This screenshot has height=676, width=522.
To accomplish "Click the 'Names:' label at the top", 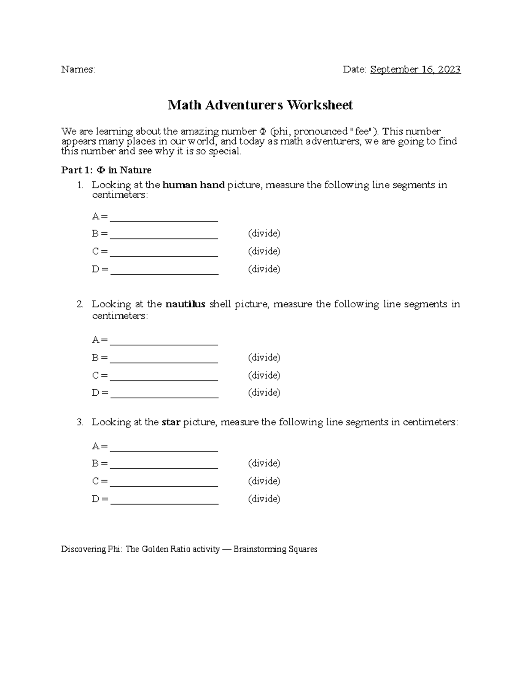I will [x=78, y=70].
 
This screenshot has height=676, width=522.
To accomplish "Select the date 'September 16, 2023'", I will [x=415, y=70].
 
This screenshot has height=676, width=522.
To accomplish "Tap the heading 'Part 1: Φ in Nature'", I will [x=106, y=170].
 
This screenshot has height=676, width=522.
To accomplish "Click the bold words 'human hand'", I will [x=193, y=185].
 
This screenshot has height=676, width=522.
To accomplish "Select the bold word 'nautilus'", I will [x=185, y=304].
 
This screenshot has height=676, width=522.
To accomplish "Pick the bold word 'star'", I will [x=171, y=422].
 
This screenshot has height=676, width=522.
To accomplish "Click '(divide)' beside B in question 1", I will [x=264, y=234].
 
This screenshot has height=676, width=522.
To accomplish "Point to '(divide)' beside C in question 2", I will [x=264, y=375].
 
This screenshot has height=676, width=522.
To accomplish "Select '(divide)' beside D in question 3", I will [x=264, y=499].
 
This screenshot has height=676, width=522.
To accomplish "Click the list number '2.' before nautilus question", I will [x=80, y=304].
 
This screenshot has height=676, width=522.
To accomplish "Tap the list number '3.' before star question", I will [x=80, y=422].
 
